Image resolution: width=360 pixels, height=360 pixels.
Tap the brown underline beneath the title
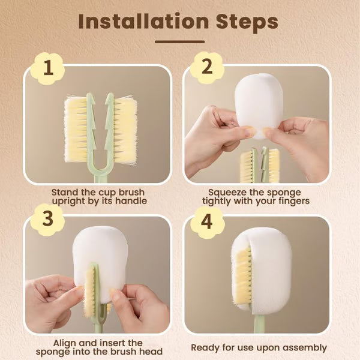[x=179, y=42]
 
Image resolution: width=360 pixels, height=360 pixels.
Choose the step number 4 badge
[x=206, y=222]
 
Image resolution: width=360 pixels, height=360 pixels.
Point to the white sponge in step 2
[x=259, y=105]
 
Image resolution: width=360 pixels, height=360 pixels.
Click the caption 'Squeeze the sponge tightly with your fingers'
[x=256, y=196]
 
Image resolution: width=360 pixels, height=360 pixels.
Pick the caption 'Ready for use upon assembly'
[x=259, y=347]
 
